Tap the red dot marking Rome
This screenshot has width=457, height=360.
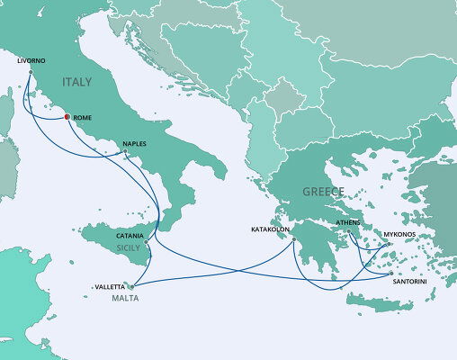click(x=67, y=117)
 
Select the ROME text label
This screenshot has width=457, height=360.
click(x=82, y=117)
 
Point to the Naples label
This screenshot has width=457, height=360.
click(x=131, y=143)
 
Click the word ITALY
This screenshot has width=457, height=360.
click(x=77, y=82)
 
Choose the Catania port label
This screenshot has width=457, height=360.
click(x=129, y=235)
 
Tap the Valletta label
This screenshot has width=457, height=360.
click(x=111, y=287)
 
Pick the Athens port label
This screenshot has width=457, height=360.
click(x=348, y=221)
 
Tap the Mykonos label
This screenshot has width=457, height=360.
click(x=399, y=234)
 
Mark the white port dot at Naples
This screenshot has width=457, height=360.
click(x=125, y=153)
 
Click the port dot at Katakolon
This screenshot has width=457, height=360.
click(x=294, y=238)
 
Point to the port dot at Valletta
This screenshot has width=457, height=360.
click(x=130, y=287)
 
